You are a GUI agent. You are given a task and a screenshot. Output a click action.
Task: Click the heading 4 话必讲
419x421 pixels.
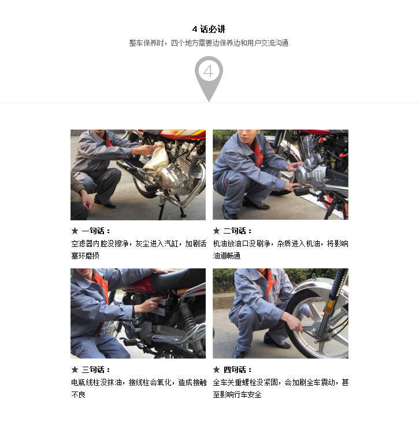(x=209, y=29)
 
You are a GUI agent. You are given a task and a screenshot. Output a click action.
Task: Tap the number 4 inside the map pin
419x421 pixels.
(x=209, y=71)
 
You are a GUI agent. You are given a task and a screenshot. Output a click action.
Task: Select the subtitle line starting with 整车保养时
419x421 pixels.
(x=209, y=43)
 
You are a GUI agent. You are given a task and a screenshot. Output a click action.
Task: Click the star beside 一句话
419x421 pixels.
(x=75, y=231)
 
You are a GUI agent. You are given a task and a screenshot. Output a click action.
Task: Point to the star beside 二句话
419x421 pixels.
(x=217, y=231)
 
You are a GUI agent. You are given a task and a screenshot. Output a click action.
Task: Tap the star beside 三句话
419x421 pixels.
(x=75, y=370)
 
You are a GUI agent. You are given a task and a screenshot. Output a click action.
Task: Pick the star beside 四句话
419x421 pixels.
(x=217, y=370)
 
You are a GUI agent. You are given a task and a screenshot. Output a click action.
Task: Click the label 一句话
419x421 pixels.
(x=96, y=231)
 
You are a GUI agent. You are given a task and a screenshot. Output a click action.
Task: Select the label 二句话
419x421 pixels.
(x=238, y=231)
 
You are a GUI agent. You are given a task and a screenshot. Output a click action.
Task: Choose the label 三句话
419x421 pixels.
(x=96, y=370)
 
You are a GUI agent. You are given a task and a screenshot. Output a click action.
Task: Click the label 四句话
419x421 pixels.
(x=238, y=370)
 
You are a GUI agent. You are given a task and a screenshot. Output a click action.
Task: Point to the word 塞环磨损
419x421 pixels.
(x=86, y=256)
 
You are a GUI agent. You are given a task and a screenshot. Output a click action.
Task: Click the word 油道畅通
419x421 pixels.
(x=227, y=256)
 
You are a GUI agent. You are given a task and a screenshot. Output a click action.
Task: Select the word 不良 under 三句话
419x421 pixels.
(x=79, y=394)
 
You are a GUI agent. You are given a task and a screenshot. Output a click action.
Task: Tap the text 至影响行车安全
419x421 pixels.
(x=237, y=394)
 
